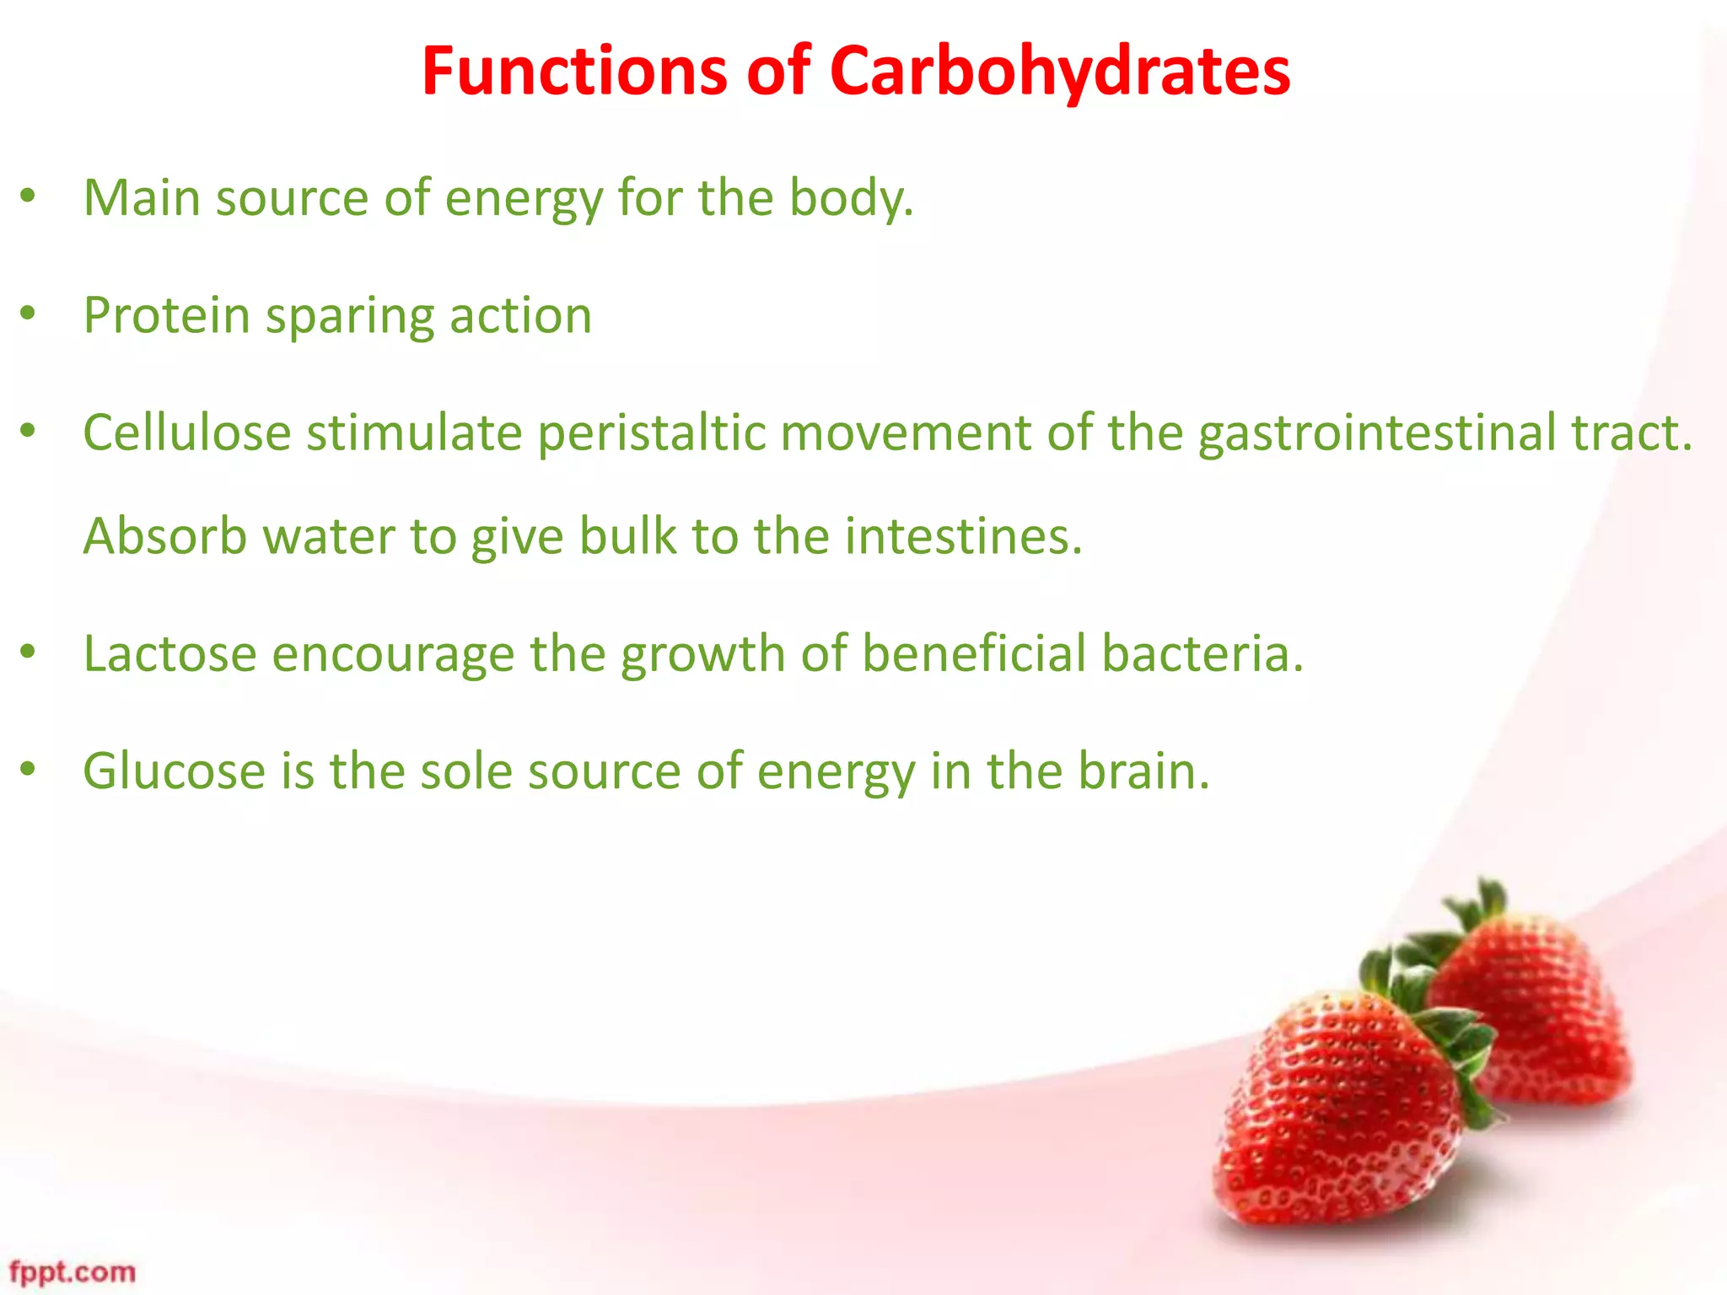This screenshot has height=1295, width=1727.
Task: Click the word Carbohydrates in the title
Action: point(1059,72)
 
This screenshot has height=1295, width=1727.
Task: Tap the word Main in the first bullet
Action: point(142,198)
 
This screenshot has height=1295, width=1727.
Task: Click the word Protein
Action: point(167,316)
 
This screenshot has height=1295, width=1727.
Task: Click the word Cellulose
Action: point(187,433)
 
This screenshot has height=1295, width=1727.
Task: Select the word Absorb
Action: point(165,536)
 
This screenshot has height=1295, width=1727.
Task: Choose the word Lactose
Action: point(169,653)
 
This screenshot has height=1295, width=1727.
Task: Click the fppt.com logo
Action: point(73,1271)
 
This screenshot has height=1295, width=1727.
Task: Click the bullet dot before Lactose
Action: point(28,651)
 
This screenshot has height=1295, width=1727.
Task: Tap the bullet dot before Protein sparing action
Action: point(28,314)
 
